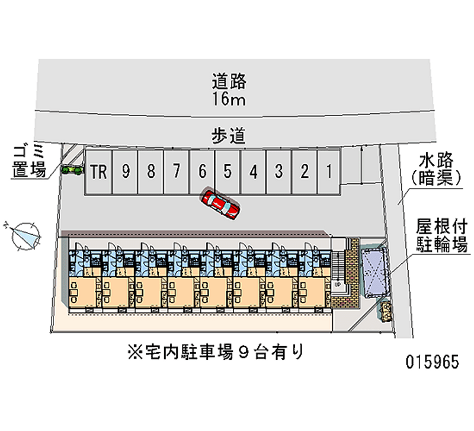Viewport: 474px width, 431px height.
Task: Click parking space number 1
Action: (329, 172)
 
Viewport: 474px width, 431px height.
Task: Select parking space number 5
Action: (228, 172)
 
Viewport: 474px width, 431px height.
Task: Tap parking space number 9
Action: (125, 172)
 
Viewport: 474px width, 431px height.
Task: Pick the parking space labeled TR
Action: (98, 172)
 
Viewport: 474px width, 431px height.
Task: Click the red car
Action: (220, 203)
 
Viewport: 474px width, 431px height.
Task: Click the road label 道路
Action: (229, 81)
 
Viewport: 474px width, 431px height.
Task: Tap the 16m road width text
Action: (229, 98)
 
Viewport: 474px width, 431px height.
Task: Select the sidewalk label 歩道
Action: (228, 136)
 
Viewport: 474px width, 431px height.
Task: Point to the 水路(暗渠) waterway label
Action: (435, 169)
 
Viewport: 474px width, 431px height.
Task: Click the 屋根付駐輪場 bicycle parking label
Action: (442, 235)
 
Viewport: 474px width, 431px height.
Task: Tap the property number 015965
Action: (433, 362)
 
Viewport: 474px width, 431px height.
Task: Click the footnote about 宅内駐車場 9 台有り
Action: (215, 352)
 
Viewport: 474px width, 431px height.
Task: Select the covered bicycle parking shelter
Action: (375, 273)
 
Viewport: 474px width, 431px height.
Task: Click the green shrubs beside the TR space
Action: (72, 170)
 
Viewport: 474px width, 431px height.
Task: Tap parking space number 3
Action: (278, 172)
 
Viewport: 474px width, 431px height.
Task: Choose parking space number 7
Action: (177, 172)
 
